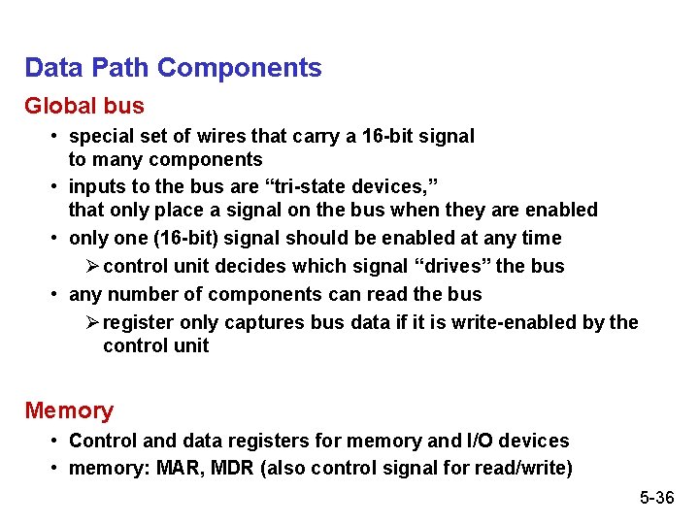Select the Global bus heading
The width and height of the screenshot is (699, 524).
coord(84,106)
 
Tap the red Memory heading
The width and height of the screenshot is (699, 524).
coord(69,410)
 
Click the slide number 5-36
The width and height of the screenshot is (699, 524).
coord(656,498)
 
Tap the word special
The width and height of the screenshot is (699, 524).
coord(103,137)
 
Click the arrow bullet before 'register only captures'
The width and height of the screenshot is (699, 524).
coord(91,322)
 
